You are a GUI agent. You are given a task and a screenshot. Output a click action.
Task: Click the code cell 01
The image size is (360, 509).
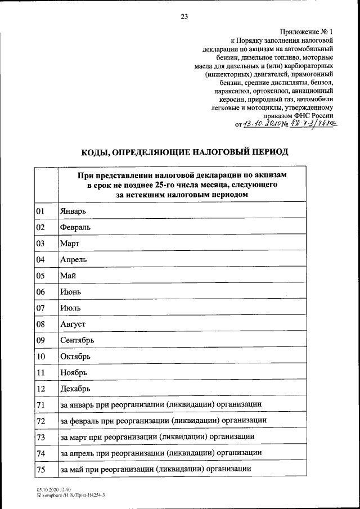(x=40, y=211)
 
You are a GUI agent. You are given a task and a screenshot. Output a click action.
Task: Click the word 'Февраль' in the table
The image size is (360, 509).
(x=75, y=227)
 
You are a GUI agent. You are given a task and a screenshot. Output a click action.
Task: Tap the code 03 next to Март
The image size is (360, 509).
(x=40, y=244)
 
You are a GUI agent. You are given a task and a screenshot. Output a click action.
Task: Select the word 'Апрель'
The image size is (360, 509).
(x=73, y=260)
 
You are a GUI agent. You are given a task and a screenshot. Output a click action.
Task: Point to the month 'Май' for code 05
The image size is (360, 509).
(x=67, y=276)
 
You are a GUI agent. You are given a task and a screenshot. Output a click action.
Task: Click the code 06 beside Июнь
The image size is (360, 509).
(x=40, y=292)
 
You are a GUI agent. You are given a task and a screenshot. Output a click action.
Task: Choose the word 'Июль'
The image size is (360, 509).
(x=70, y=308)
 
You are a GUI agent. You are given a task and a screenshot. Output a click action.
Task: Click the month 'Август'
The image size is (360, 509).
(x=73, y=325)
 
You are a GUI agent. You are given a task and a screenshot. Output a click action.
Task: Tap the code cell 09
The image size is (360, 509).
(x=40, y=340)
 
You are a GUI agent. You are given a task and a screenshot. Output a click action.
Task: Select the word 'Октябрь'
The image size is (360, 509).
(x=75, y=357)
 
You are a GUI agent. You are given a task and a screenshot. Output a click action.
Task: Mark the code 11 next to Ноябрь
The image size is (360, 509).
(x=40, y=372)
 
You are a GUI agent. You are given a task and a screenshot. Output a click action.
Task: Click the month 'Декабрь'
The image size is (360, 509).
(x=75, y=389)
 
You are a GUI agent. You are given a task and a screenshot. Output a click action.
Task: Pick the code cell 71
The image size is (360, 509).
(x=40, y=405)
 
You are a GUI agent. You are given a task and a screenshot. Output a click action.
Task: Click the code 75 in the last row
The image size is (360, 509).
(x=40, y=469)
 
